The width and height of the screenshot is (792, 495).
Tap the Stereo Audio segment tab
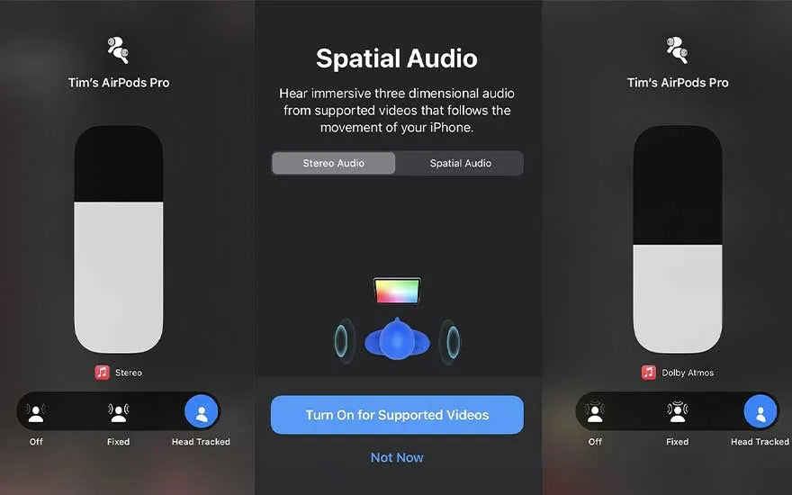(x=333, y=163)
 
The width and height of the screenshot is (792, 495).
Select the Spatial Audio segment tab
(x=460, y=163)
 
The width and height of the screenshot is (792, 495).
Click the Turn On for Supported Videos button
(x=397, y=415)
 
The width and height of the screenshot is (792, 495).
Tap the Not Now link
(x=397, y=457)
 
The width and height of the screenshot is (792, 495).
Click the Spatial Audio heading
(x=397, y=58)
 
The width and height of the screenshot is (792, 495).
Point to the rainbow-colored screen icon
(x=397, y=291)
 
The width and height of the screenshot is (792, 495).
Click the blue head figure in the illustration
(x=397, y=339)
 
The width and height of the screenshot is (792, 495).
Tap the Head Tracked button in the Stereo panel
(x=202, y=411)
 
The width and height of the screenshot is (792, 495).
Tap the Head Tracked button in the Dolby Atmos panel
(x=760, y=411)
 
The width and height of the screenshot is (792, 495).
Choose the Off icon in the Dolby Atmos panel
(x=595, y=412)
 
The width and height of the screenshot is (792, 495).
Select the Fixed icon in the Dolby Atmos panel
(x=678, y=412)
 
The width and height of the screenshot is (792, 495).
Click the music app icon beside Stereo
(x=103, y=373)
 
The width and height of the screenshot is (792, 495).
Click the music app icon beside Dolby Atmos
(x=649, y=373)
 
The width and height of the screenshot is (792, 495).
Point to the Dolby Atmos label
(x=688, y=373)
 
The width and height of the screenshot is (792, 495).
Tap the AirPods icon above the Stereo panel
(x=118, y=49)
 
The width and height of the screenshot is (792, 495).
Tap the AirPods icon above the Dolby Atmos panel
(x=678, y=49)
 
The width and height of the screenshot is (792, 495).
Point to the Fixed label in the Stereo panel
(x=119, y=442)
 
